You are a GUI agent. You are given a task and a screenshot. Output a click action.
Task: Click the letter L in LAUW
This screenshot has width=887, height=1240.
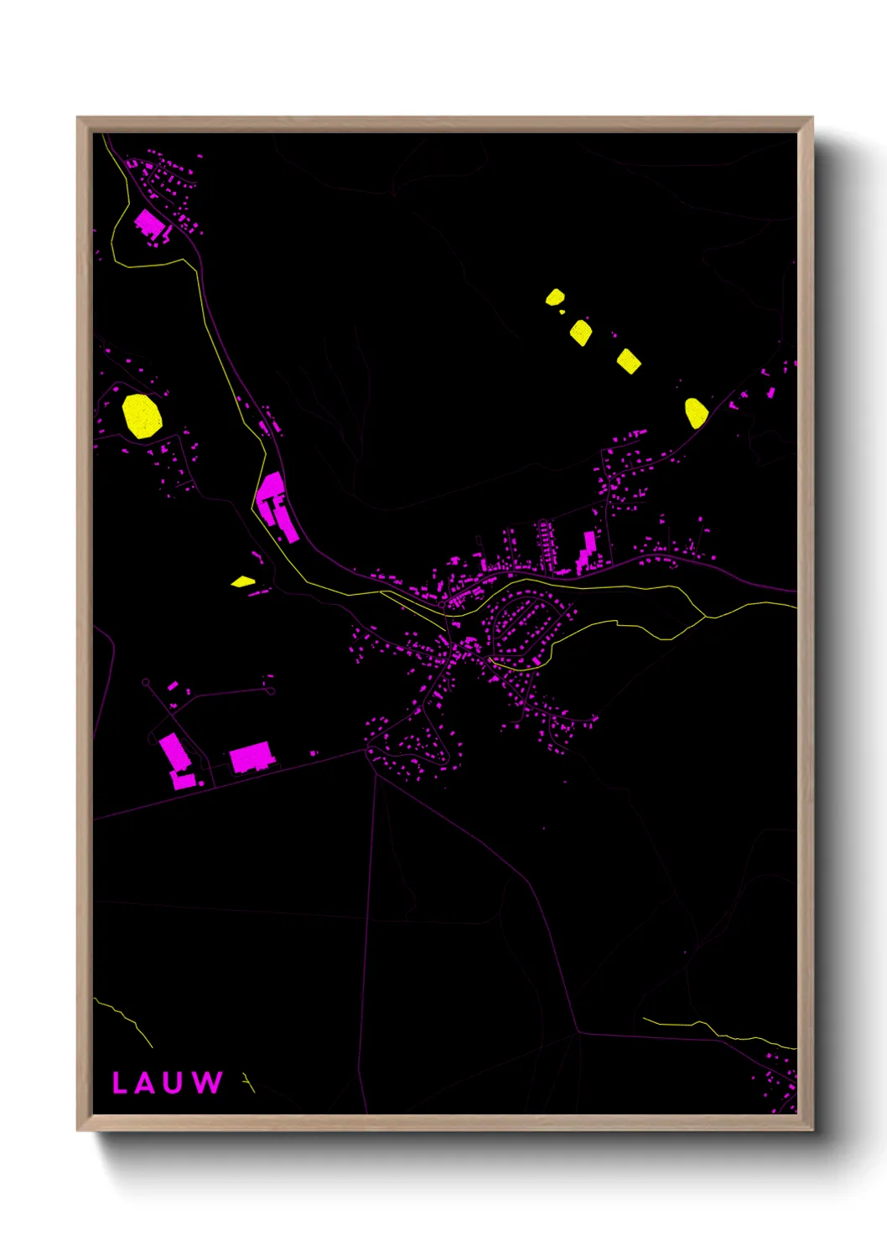click(x=119, y=1082)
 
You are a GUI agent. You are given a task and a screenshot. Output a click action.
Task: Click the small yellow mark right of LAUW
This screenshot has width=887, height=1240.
click(x=246, y=1082)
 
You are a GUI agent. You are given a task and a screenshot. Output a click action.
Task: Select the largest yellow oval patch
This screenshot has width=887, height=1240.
click(x=142, y=416)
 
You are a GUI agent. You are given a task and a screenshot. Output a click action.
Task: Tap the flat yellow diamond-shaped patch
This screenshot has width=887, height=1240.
click(x=243, y=581)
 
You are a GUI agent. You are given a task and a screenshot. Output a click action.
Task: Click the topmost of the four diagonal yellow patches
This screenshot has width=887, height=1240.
click(x=555, y=297)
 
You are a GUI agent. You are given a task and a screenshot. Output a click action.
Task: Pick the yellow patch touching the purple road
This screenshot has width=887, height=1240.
click(x=696, y=412)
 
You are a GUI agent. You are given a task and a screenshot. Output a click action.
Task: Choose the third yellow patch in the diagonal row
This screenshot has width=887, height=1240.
click(x=629, y=360)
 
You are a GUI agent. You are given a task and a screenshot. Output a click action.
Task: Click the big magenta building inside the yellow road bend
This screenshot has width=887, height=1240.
click(x=149, y=225)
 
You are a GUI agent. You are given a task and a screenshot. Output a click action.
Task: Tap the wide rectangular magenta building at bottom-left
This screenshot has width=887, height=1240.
click(x=252, y=757)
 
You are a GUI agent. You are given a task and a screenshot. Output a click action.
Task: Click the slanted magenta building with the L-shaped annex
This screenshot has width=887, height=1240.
click(x=178, y=760)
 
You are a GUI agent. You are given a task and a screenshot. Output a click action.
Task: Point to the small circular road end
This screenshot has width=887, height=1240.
click(x=146, y=683)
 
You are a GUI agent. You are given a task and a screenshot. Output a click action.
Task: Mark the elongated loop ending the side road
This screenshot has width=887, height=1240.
click(x=269, y=691)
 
